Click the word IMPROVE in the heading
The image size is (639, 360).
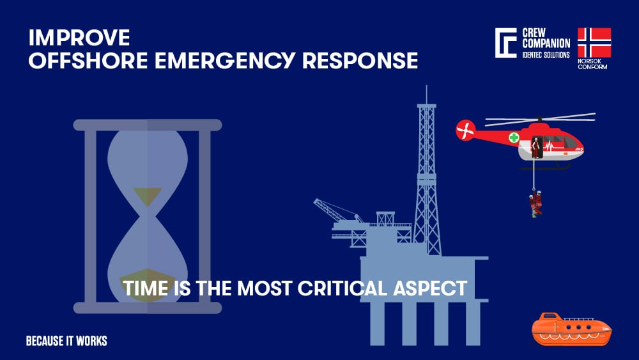tap(79, 38)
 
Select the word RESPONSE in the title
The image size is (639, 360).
tap(360, 61)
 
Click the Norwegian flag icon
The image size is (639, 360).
tap(594, 43)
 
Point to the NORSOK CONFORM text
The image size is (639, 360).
tap(592, 64)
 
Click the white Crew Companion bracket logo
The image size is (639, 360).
tap(505, 43)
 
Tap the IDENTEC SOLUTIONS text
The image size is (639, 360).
tap(546, 56)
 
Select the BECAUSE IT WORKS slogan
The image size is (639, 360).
tap(66, 341)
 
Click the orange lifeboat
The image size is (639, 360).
tap(571, 329)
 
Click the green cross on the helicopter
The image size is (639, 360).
tap(514, 137)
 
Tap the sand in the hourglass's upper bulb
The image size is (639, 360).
tap(147, 196)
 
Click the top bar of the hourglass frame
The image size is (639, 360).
tap(147, 125)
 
